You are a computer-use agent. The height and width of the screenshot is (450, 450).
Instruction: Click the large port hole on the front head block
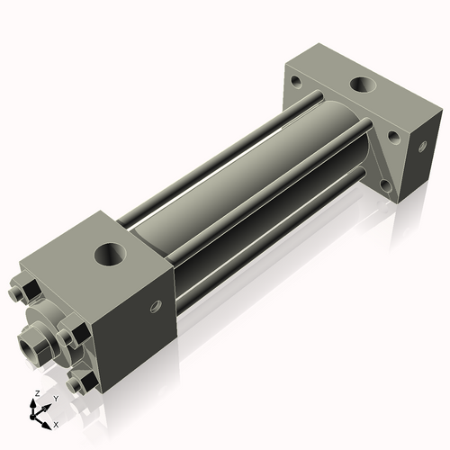tap(112, 255)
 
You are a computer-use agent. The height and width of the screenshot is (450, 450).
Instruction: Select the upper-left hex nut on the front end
tap(28, 292)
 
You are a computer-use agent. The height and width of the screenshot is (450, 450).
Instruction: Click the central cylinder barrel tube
tap(252, 171)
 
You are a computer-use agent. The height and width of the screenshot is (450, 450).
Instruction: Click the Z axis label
tap(35, 394)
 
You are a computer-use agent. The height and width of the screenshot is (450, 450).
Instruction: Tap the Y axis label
tap(55, 397)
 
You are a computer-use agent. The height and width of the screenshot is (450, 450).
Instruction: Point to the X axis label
tap(56, 423)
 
